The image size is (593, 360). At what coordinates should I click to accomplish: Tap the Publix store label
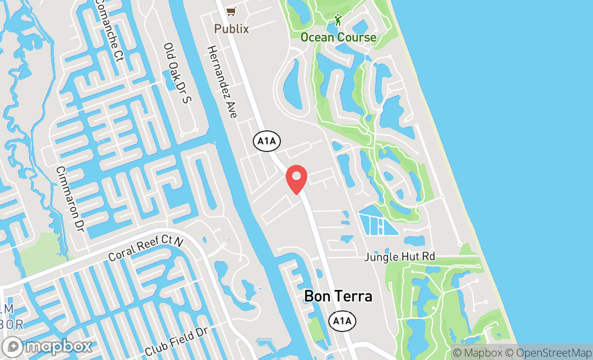point(232,29)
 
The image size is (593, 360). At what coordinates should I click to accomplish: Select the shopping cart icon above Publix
point(231,11)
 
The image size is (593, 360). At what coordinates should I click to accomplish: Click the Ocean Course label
point(338,37)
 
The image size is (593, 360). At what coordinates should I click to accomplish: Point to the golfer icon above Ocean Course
point(338,20)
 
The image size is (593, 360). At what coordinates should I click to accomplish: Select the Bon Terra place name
point(338,296)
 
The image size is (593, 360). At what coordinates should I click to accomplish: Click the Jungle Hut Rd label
point(399,257)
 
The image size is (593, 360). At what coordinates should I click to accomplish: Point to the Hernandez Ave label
point(222,82)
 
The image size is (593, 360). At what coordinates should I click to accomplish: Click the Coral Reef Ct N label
point(146,250)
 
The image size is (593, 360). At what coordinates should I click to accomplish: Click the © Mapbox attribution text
point(477,353)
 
